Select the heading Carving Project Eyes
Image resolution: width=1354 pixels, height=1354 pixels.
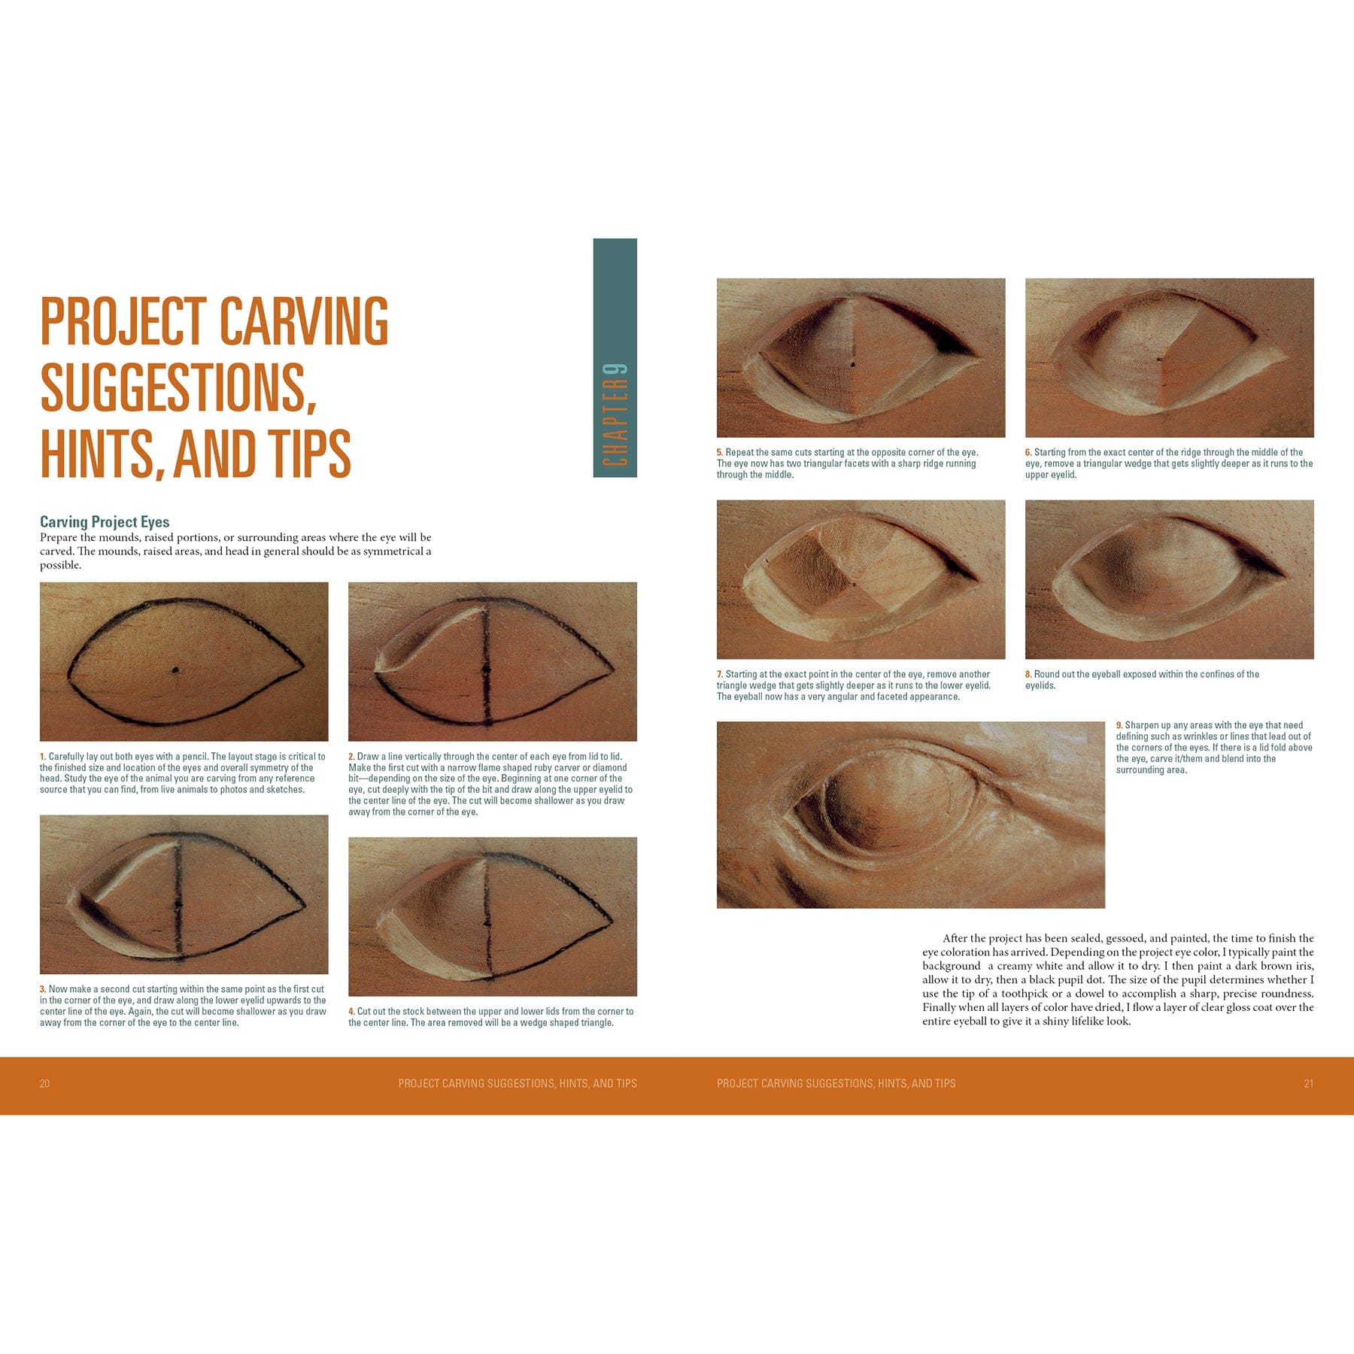(105, 521)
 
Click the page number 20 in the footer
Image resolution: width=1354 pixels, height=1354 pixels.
(44, 1083)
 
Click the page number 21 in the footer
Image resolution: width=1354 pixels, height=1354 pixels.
(1308, 1083)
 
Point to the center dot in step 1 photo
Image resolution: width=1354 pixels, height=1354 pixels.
(175, 669)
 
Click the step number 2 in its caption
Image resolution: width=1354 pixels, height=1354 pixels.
(351, 757)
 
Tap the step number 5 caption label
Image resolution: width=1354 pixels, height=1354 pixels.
(719, 453)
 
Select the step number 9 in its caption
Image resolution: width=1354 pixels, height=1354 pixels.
(1119, 725)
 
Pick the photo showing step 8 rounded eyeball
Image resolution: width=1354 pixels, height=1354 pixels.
(1169, 579)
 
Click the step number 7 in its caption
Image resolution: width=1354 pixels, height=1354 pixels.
(719, 675)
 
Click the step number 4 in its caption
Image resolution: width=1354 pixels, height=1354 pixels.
(351, 1012)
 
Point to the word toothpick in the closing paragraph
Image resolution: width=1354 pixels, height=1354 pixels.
(1025, 994)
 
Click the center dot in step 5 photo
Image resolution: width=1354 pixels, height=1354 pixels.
(852, 365)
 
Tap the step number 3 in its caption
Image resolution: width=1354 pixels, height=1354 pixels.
(43, 989)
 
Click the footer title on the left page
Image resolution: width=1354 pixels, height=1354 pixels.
(518, 1083)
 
